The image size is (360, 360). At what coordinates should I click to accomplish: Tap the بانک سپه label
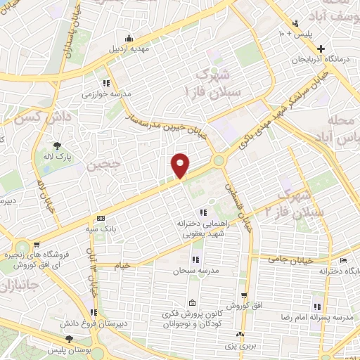(x=101, y=228)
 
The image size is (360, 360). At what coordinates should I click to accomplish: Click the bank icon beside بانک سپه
(x=101, y=218)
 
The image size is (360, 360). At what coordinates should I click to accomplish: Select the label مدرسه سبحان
(x=193, y=271)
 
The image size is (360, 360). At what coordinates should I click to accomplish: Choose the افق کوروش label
(x=243, y=304)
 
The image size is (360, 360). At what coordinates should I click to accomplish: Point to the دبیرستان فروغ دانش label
(x=94, y=324)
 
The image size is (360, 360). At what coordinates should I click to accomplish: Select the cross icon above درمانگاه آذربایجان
(x=321, y=49)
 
